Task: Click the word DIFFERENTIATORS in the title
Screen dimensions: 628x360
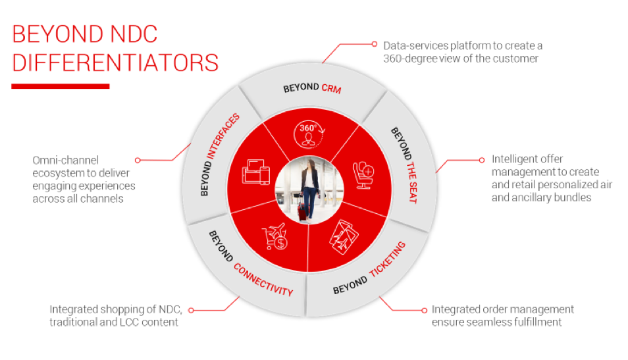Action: click(x=115, y=63)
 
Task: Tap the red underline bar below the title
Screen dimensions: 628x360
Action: click(x=61, y=86)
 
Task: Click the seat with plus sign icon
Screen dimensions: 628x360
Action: click(x=363, y=175)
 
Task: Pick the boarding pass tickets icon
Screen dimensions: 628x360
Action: click(x=344, y=237)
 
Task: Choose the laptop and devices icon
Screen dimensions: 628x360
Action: click(x=256, y=172)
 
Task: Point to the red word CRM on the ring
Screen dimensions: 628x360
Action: click(x=331, y=88)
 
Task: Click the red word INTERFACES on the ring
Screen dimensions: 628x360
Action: click(x=222, y=136)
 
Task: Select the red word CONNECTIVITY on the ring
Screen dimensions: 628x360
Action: click(x=263, y=280)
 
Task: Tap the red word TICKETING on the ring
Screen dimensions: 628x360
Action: click(x=388, y=260)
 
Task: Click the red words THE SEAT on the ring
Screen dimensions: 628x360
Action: click(x=411, y=182)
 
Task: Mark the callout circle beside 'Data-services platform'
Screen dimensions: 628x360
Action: click(x=375, y=44)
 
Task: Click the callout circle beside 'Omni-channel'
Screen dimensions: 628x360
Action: click(x=138, y=160)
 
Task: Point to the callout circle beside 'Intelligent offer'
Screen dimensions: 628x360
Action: click(x=482, y=160)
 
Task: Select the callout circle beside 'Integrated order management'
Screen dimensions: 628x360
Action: click(x=425, y=311)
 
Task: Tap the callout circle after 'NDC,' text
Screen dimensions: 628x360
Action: click(x=191, y=311)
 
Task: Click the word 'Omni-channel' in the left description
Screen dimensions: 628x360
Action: click(x=65, y=160)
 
